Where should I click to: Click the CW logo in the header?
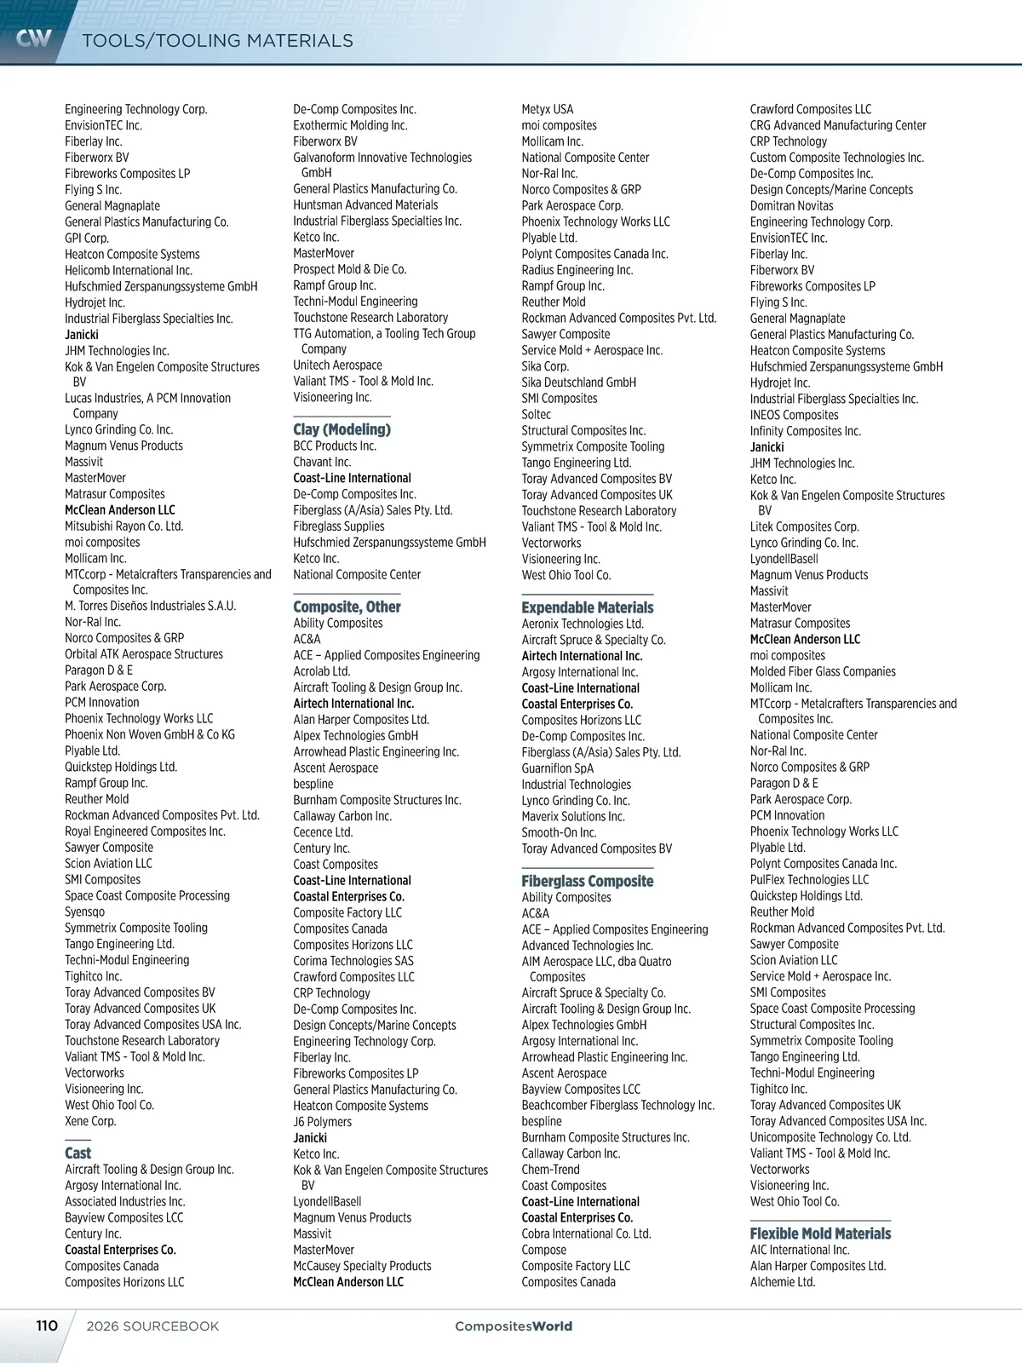click(x=34, y=38)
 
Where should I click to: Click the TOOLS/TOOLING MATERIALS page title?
click(x=217, y=41)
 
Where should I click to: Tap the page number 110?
click(x=47, y=1326)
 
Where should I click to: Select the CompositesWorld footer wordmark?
click(x=514, y=1326)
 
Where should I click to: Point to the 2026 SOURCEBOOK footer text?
click(x=152, y=1326)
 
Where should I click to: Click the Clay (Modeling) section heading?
click(x=342, y=429)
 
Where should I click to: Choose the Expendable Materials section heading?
click(x=588, y=607)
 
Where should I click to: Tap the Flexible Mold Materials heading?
click(x=820, y=1234)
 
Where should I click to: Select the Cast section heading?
click(x=78, y=1153)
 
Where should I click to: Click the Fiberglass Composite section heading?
click(x=588, y=881)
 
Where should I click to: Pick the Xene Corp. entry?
click(x=90, y=1121)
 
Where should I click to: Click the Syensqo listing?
click(x=85, y=912)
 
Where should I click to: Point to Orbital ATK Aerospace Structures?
click(x=144, y=654)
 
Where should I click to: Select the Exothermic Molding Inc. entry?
click(x=350, y=125)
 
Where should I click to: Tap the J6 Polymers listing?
click(x=322, y=1122)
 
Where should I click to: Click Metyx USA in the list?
click(x=548, y=109)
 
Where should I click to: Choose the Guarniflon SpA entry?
click(x=558, y=768)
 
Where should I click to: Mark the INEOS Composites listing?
click(x=794, y=415)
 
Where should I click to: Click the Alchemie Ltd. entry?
click(x=783, y=1282)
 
